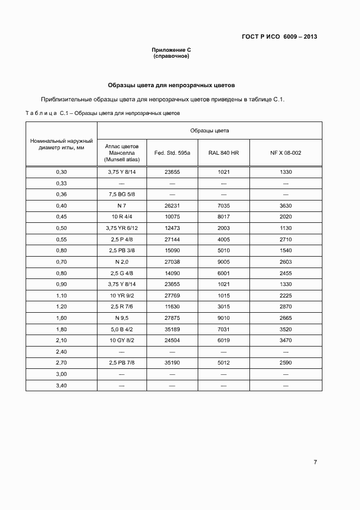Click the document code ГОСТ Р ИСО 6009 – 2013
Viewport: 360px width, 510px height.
pyautogui.click(x=279, y=37)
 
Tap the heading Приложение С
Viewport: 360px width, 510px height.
pyautogui.click(x=171, y=50)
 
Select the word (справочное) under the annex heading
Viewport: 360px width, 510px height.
pyautogui.click(x=171, y=56)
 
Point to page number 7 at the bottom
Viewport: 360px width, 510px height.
pyautogui.click(x=315, y=463)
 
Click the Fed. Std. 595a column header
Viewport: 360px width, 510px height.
pyautogui.click(x=172, y=153)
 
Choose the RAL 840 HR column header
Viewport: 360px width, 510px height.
pyautogui.click(x=223, y=153)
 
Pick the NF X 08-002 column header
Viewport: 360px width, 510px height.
pyautogui.click(x=285, y=153)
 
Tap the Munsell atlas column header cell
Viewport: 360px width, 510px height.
pyautogui.click(x=121, y=153)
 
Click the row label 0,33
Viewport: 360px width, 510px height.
pyautogui.click(x=61, y=183)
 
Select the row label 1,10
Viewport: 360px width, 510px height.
pyautogui.click(x=61, y=295)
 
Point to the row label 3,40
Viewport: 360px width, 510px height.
pyautogui.click(x=61, y=385)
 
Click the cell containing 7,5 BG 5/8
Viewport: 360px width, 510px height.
pyautogui.click(x=121, y=195)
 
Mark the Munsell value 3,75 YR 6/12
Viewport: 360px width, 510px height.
pyautogui.click(x=121, y=228)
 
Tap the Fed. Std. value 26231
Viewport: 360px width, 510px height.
pyautogui.click(x=172, y=205)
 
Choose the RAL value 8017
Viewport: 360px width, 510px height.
pyautogui.click(x=223, y=217)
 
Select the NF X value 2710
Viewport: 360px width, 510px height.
pyautogui.click(x=285, y=239)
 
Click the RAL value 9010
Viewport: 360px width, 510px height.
pyautogui.click(x=223, y=318)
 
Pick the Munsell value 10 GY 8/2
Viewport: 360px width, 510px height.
pyautogui.click(x=121, y=340)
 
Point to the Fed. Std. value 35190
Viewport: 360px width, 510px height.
pyautogui.click(x=172, y=362)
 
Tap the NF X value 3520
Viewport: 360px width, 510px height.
pyautogui.click(x=285, y=329)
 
